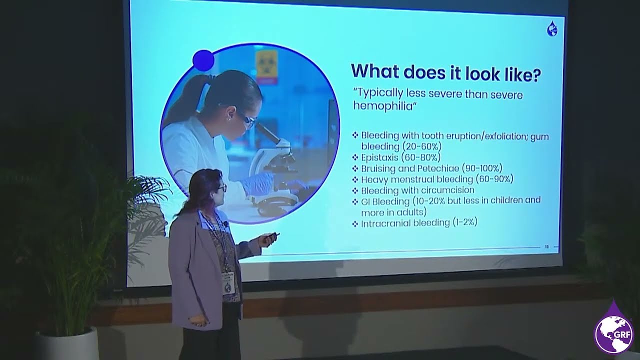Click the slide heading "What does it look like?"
tap(445, 72)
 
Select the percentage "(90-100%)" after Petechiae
tap(481, 168)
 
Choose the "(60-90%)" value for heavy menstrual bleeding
tap(494, 179)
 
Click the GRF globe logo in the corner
tap(613, 334)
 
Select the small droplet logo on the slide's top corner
tap(552, 29)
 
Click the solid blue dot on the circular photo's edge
tap(203, 60)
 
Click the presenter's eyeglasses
tap(221, 188)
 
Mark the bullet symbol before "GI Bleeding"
tap(355, 201)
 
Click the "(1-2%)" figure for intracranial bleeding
tap(464, 222)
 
